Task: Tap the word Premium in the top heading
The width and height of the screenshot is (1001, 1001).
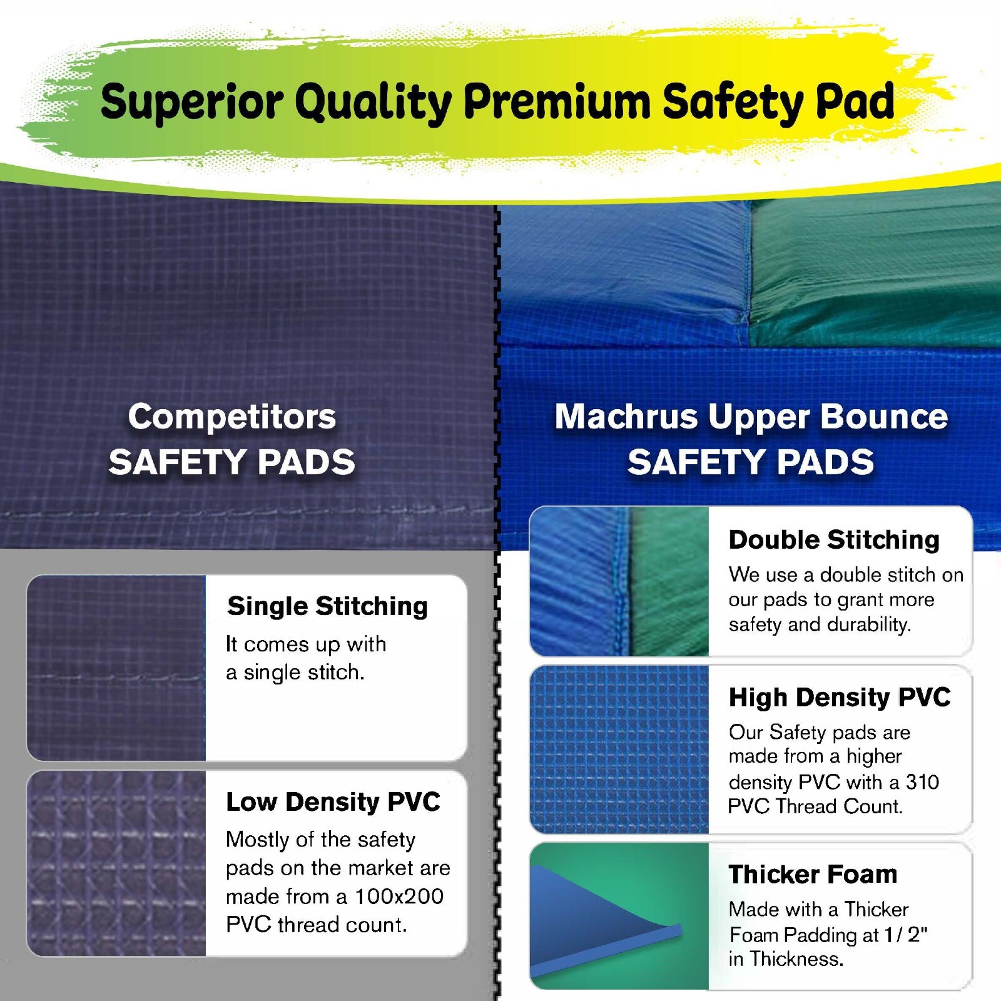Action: tap(557, 102)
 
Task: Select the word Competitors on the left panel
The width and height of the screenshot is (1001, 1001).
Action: tap(232, 417)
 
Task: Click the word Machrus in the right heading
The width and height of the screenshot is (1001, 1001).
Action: tap(626, 417)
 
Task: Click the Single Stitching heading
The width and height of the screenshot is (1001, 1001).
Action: tap(327, 606)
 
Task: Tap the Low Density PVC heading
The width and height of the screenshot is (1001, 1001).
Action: tap(333, 801)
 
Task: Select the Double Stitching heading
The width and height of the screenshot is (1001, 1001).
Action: tap(834, 540)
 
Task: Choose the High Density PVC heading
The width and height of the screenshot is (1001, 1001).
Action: tap(840, 697)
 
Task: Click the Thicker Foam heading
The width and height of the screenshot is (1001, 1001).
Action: tap(813, 874)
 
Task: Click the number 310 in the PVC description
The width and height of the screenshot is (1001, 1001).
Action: tap(922, 782)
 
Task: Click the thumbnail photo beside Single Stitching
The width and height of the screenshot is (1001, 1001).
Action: tap(116, 668)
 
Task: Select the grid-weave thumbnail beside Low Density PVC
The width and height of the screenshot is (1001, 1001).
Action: tap(116, 863)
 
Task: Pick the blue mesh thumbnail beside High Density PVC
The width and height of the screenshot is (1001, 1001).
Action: tap(619, 749)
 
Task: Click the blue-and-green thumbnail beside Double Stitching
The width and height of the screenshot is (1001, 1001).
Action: tap(619, 581)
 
